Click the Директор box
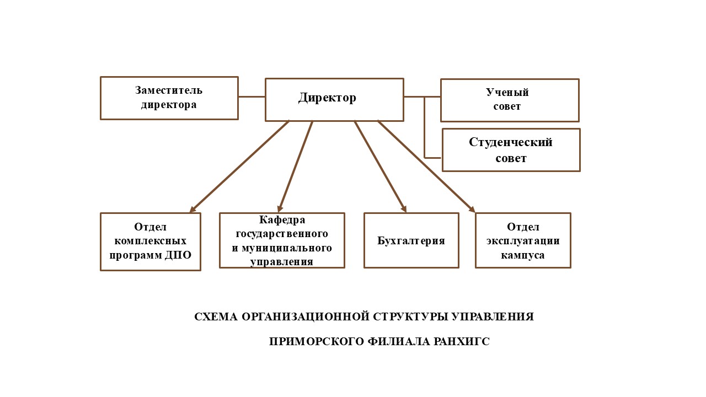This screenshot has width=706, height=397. [334, 99]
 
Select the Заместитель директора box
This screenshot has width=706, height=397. [169, 98]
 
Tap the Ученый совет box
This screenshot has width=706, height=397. [510, 100]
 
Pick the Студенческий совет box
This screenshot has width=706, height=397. [511, 150]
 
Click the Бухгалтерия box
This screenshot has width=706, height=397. [411, 240]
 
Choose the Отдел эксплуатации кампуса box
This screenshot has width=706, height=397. [523, 240]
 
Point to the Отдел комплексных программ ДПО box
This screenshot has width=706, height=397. [150, 242]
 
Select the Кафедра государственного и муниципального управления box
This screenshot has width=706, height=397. [282, 240]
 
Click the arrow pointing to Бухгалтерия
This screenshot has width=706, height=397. [380, 166]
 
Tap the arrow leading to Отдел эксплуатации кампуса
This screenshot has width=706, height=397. [426, 166]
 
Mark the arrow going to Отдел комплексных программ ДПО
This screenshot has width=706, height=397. [239, 166]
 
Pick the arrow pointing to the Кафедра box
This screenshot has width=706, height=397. [296, 166]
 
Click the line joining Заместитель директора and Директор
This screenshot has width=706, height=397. [252, 96]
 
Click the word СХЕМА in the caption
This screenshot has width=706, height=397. [216, 317]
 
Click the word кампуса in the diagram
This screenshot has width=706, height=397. [523, 255]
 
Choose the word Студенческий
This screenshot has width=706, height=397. [511, 142]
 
